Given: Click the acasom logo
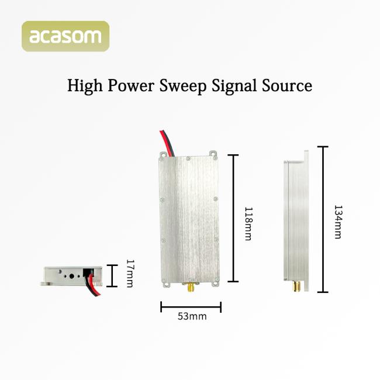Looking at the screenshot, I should coord(65,36).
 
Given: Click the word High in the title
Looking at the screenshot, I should coord(85,86).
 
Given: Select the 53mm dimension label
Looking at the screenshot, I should coord(192,317).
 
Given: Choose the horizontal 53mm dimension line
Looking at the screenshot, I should coord(191,306).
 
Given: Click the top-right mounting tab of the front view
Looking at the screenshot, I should coord(214,155).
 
